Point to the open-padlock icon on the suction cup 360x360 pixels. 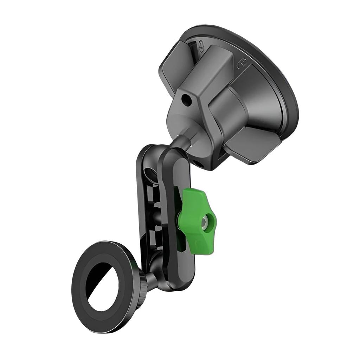[x=201, y=46]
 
